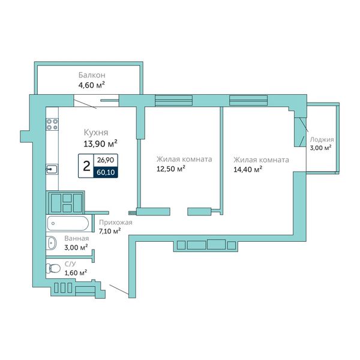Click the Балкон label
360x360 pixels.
92,75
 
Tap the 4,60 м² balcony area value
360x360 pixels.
92,85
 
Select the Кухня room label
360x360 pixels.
96,133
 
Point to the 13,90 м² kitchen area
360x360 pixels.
100,144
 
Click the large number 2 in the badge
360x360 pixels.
86,166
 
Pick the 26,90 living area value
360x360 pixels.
106,160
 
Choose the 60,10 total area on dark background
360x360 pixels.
106,172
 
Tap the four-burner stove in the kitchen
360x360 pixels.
52,124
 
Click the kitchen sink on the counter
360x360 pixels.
52,169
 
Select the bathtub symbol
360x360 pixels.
68,223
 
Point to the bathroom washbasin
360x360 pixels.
52,243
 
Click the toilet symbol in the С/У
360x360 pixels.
53,268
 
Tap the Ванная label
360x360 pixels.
76,238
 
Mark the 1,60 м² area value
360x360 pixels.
76,273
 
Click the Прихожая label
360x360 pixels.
116,222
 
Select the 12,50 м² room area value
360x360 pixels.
171,169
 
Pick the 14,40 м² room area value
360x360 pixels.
248,169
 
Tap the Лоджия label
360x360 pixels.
322,140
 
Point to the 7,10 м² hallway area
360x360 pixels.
110,231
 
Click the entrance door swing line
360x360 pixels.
119,290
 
